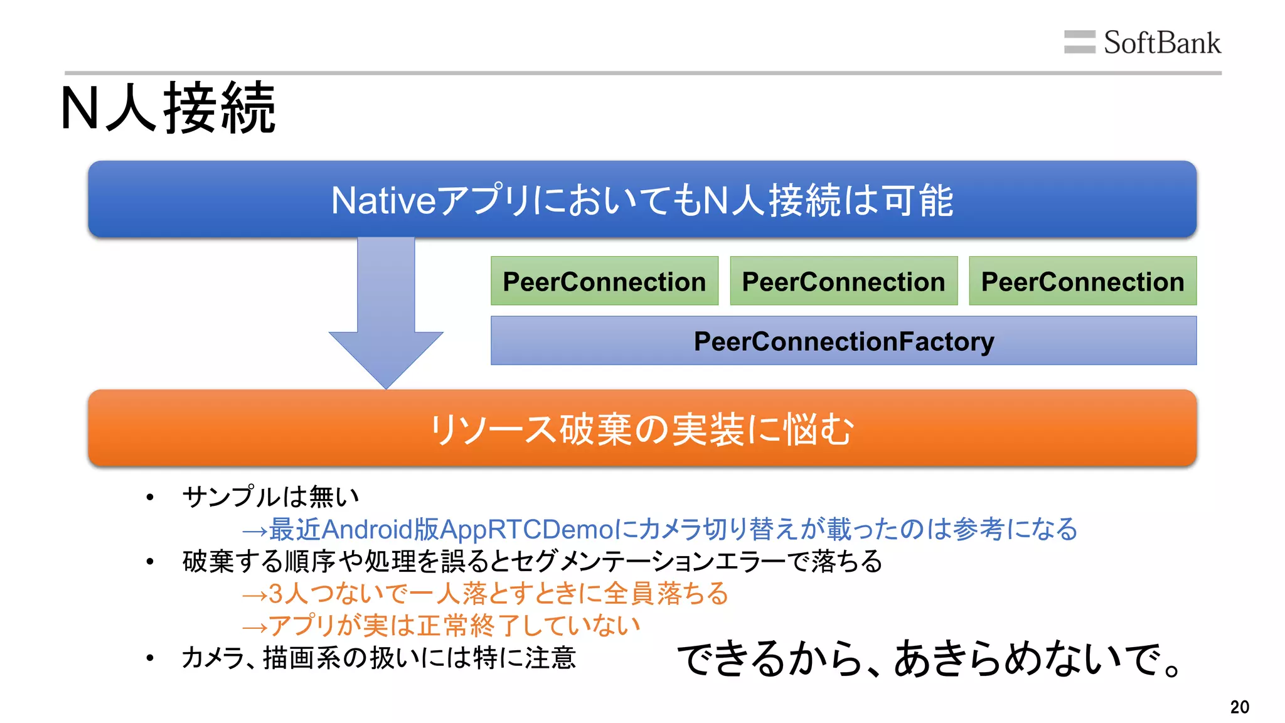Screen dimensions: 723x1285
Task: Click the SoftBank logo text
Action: [1161, 43]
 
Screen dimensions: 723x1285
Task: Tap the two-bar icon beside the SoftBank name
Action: [1079, 42]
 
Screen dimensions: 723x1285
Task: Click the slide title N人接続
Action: [168, 108]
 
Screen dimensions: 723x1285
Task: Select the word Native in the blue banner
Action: [383, 201]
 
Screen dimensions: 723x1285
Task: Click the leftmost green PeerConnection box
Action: [604, 281]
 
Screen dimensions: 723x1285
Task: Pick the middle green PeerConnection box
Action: [843, 281]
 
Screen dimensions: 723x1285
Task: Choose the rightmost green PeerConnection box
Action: [1082, 281]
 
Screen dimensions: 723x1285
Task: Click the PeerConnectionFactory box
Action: [843, 341]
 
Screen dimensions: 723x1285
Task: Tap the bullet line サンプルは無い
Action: [270, 497]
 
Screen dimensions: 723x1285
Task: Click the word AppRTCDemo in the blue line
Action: [527, 529]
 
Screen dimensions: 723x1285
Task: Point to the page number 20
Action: [1239, 707]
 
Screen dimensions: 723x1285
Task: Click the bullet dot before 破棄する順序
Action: [149, 562]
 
